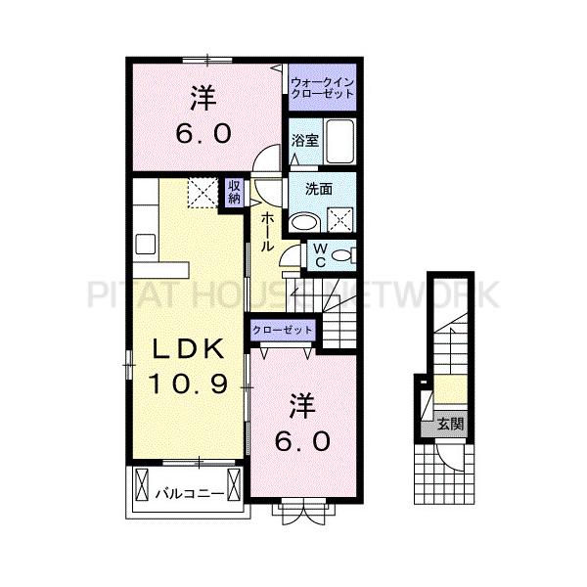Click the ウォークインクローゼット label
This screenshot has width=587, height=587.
[x=322, y=88]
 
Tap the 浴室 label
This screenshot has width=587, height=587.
[x=305, y=141]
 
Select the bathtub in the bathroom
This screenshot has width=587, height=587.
[x=339, y=141]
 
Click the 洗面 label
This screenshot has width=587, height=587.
[x=319, y=189]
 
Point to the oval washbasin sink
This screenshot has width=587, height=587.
[x=304, y=222]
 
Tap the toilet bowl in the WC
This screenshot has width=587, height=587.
[x=341, y=256]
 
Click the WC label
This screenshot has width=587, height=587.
[x=320, y=255]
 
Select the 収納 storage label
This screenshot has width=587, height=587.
[x=234, y=192]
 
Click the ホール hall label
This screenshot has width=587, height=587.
[x=266, y=231]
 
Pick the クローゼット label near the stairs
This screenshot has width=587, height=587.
[x=282, y=331]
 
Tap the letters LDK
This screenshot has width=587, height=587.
[x=188, y=348]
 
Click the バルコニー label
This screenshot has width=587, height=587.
[x=190, y=494]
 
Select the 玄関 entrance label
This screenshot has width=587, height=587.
[x=451, y=425]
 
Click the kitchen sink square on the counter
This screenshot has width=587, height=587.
[x=145, y=244]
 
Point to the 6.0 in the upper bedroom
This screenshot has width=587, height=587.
[x=203, y=134]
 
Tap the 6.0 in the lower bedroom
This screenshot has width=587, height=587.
[x=302, y=441]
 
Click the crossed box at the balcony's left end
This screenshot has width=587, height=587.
[x=142, y=484]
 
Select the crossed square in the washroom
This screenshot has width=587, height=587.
[x=339, y=219]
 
